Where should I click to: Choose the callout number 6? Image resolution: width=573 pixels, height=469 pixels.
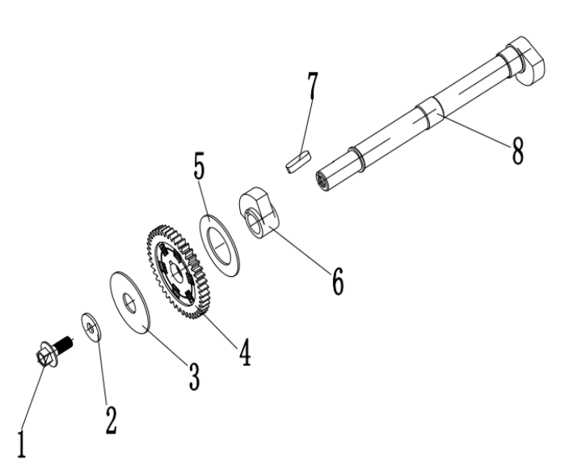coord(336,278)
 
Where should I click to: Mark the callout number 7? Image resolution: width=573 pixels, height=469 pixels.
coord(311,89)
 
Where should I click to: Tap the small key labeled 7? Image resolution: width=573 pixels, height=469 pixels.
coord(298,160)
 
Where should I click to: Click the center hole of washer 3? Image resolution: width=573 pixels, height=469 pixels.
coord(130,303)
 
